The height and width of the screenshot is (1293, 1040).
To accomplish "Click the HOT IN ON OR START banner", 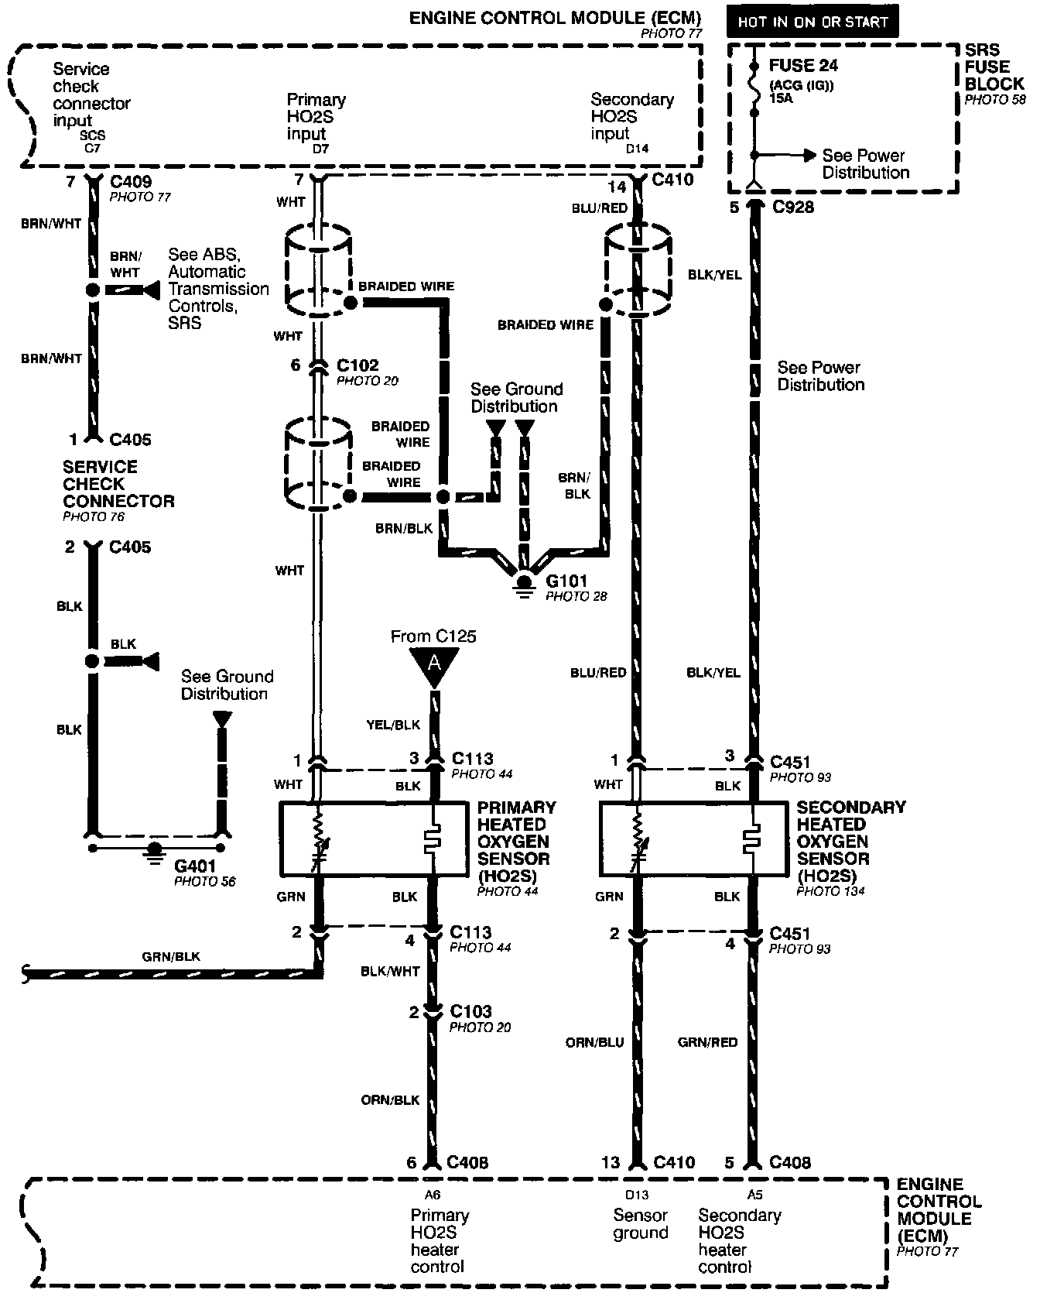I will pyautogui.click(x=812, y=22).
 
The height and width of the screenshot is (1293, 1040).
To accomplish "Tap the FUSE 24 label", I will pyautogui.click(x=803, y=66).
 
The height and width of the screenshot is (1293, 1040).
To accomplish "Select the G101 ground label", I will pyautogui.click(x=566, y=581).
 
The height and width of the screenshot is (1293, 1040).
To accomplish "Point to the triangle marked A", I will pyautogui.click(x=434, y=664).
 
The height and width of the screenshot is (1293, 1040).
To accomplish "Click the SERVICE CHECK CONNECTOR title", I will pyautogui.click(x=118, y=484).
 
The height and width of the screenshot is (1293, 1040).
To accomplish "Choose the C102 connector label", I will pyautogui.click(x=357, y=365).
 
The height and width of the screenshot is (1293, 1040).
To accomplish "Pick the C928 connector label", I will pyautogui.click(x=792, y=207).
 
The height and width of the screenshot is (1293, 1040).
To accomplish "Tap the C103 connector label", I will pyautogui.click(x=470, y=1012).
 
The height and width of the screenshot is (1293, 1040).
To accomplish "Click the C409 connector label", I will pyautogui.click(x=131, y=182).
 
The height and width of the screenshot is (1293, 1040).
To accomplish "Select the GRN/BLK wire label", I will pyautogui.click(x=171, y=956).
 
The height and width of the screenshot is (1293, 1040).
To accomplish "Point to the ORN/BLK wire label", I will pyautogui.click(x=390, y=1099).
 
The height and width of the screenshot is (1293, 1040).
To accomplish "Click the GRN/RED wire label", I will pyautogui.click(x=707, y=1042).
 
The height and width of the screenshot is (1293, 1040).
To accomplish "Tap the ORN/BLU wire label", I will pyautogui.click(x=594, y=1042).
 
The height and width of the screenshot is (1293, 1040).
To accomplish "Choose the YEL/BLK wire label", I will pyautogui.click(x=393, y=725).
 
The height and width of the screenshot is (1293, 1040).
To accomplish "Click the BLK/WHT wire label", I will pyautogui.click(x=390, y=971).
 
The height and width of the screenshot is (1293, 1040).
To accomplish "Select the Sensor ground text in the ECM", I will pyautogui.click(x=640, y=1224).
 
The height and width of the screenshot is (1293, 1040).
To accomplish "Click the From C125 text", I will pyautogui.click(x=433, y=636).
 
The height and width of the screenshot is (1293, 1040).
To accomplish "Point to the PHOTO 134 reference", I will pyautogui.click(x=830, y=891).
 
